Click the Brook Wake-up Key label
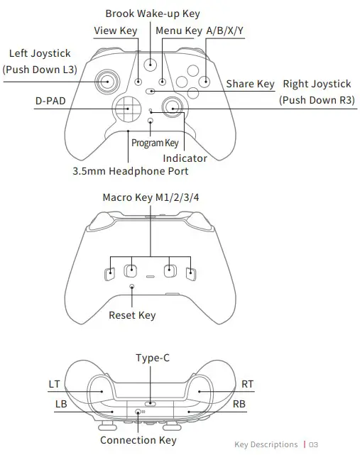click(152, 13)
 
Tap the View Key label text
click(116, 31)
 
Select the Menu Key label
click(179, 31)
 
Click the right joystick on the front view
click(172, 107)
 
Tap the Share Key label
click(250, 84)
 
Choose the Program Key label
click(155, 143)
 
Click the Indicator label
click(185, 158)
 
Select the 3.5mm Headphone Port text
click(130, 172)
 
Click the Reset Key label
click(132, 314)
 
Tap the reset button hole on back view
click(133, 287)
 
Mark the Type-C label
click(152, 358)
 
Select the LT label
click(55, 385)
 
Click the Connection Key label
click(138, 441)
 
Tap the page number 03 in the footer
click(314, 445)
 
